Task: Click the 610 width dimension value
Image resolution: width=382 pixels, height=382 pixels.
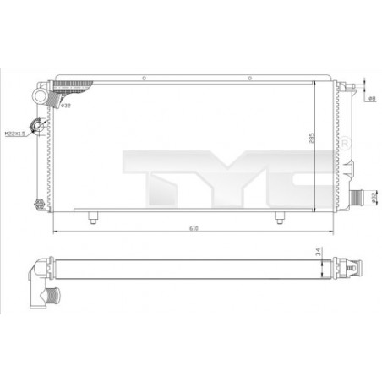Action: click(x=193, y=227)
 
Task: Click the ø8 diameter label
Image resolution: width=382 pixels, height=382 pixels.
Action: click(x=372, y=100)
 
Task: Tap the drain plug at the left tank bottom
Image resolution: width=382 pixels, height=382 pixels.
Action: click(x=37, y=203)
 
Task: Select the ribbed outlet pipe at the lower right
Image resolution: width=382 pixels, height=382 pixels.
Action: click(x=361, y=198)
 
